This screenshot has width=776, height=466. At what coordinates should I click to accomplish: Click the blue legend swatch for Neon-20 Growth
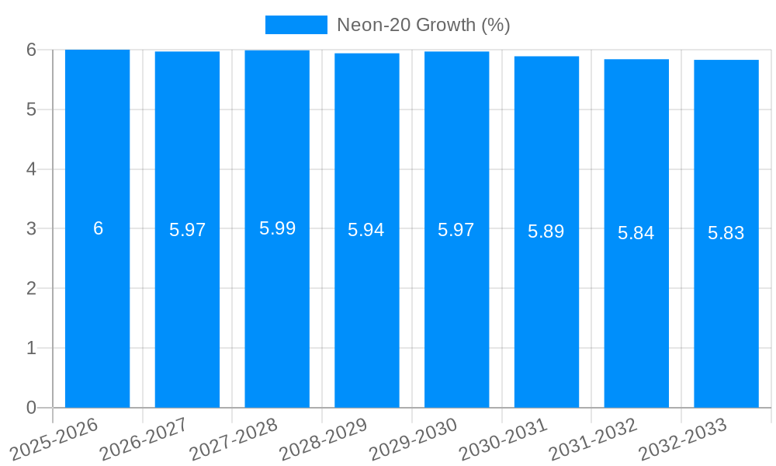tap(296, 25)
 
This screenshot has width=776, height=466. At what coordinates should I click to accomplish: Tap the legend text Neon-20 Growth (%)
tap(423, 25)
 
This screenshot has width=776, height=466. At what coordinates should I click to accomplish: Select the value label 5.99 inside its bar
tap(277, 228)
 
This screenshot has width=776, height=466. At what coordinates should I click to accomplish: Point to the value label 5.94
tap(366, 230)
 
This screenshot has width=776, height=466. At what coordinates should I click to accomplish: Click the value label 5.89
tap(546, 231)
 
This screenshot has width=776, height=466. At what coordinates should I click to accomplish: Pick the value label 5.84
tap(636, 233)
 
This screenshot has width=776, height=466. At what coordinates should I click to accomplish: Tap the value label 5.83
tap(726, 233)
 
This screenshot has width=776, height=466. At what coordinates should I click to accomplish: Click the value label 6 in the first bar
tap(98, 228)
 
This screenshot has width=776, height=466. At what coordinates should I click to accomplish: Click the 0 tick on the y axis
tap(31, 408)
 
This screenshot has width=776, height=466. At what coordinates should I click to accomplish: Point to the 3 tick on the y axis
tap(31, 228)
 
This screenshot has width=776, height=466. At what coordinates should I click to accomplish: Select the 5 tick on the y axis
tap(31, 110)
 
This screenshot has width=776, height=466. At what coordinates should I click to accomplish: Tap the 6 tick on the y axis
tap(31, 50)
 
